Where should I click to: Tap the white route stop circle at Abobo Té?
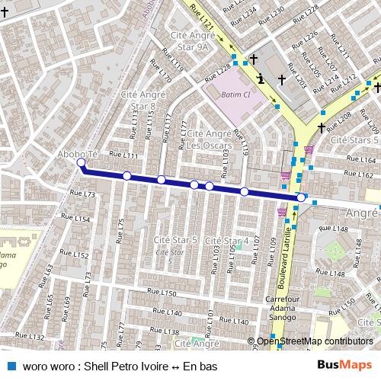tap(82, 162)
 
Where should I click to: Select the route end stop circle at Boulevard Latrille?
tap(301, 198)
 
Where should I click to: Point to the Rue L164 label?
tap(365, 160)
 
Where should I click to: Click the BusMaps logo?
tap(343, 365)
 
